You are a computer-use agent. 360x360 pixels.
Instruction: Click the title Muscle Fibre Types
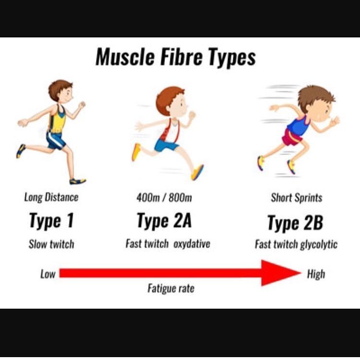click(176, 58)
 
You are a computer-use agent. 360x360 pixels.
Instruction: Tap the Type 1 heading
click(51, 221)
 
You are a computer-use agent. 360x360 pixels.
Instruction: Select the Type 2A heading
click(164, 221)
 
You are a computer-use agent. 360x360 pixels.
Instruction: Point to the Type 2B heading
click(295, 223)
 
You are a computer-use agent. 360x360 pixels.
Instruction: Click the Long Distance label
click(51, 197)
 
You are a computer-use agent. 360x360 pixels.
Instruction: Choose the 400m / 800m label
click(164, 197)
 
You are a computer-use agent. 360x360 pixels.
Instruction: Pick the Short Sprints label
click(297, 197)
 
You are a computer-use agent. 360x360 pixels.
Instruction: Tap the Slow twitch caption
click(51, 244)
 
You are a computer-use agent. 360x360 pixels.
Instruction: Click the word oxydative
click(192, 244)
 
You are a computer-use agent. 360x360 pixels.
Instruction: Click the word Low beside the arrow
click(48, 274)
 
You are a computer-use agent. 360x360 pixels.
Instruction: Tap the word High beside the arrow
click(316, 274)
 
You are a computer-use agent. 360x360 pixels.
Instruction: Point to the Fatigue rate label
click(171, 288)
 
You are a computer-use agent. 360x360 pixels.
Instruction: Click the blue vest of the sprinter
click(298, 126)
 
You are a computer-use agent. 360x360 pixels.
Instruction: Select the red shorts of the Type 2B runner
click(292, 138)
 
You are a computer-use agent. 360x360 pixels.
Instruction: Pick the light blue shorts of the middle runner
click(166, 145)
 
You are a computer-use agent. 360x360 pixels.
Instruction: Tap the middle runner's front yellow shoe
click(197, 172)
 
